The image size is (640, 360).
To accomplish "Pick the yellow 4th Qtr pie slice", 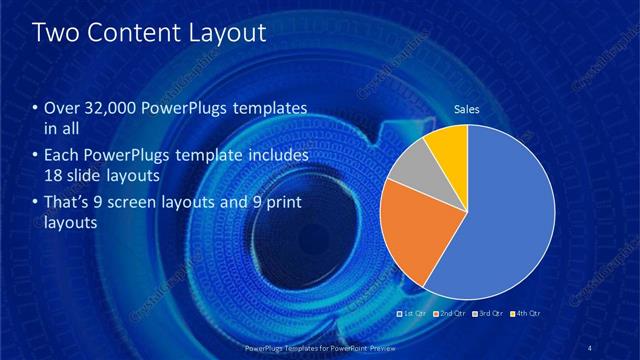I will coord(450,146).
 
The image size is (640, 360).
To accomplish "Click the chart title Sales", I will coord(467,108).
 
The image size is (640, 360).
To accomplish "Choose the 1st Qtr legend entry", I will coord(413,314).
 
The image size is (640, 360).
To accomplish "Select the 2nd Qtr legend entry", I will coord(449,314).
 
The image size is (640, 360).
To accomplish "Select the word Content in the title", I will coord(133,32).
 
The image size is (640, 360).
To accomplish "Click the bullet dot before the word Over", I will coord(36,108).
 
